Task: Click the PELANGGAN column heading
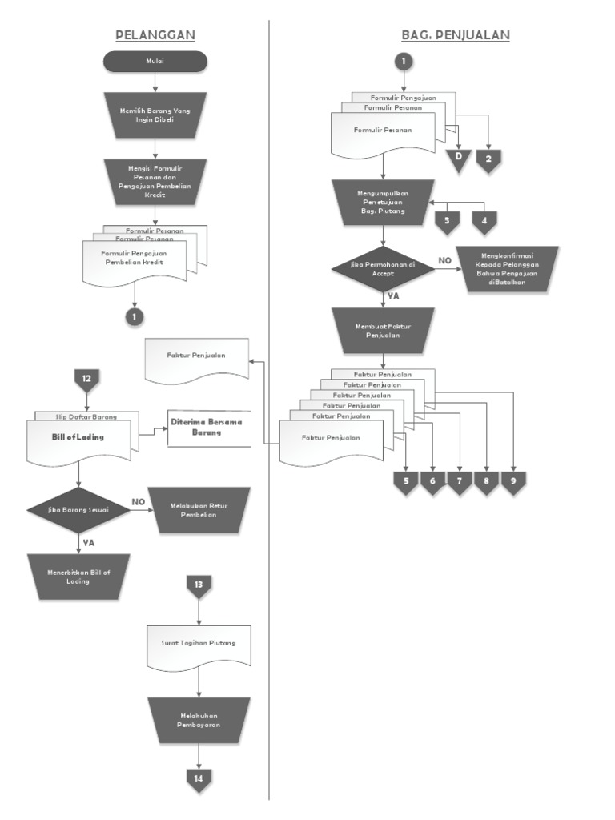155,34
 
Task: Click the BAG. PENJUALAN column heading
456,34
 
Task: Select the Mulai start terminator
155,61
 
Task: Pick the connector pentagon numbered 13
199,585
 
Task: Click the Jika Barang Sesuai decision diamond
78,509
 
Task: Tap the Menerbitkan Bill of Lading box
78,577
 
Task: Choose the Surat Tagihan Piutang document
199,645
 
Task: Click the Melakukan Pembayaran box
199,719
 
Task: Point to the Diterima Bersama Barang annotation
206,427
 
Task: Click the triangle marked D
459,157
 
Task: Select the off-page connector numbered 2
488,159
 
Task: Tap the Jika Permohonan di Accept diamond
384,269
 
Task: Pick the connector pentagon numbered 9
513,482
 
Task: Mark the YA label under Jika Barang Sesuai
89,543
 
